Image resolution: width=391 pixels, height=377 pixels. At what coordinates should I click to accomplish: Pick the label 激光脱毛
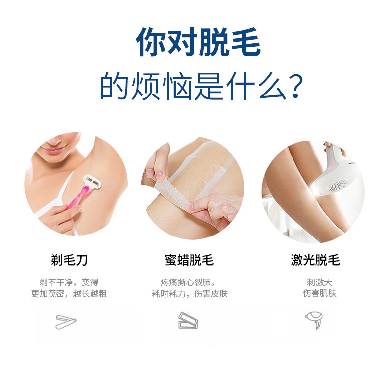click(x=315, y=260)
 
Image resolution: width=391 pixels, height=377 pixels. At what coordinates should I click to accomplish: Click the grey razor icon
click(x=66, y=322)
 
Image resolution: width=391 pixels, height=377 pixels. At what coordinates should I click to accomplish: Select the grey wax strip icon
click(x=189, y=321)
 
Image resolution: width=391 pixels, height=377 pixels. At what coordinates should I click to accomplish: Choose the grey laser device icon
click(x=313, y=320)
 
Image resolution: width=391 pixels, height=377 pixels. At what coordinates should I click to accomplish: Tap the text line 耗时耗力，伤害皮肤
click(x=190, y=294)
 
